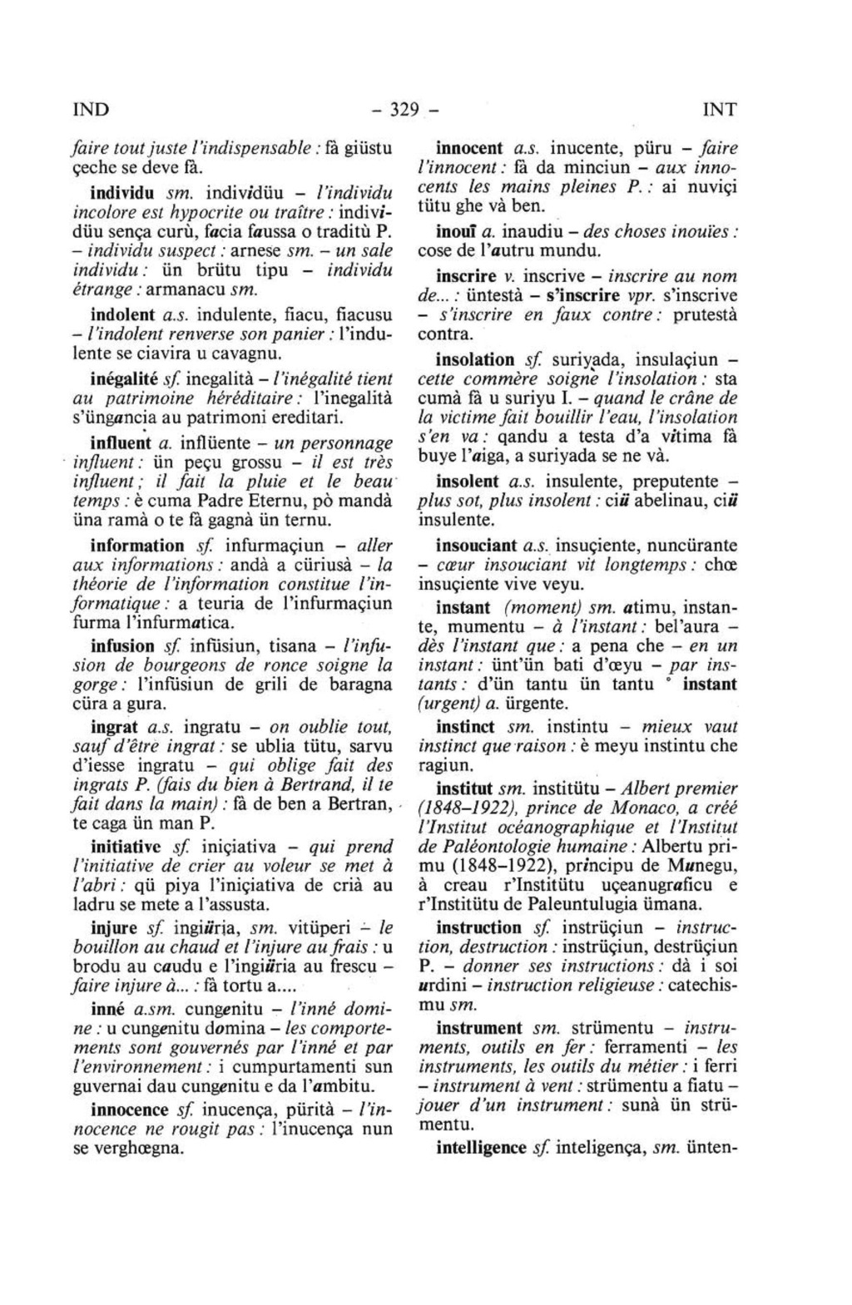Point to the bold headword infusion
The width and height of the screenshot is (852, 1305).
tap(123, 645)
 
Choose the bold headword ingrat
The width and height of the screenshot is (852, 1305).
tap(114, 726)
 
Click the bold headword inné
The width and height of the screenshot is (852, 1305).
tap(107, 1009)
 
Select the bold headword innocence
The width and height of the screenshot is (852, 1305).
tap(129, 1110)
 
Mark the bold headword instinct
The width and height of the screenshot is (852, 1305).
tap(466, 726)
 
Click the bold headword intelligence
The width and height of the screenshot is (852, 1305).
tap(481, 1149)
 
